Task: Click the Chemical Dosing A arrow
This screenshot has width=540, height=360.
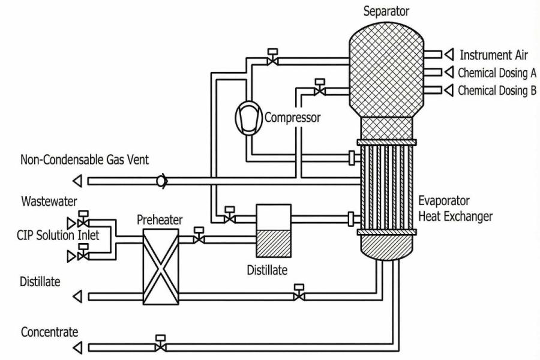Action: [447, 73]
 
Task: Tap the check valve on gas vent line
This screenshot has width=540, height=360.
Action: [161, 181]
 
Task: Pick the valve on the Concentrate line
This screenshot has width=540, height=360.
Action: [160, 346]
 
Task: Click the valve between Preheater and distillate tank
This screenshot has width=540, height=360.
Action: [199, 239]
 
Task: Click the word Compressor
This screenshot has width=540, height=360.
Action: [292, 118]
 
